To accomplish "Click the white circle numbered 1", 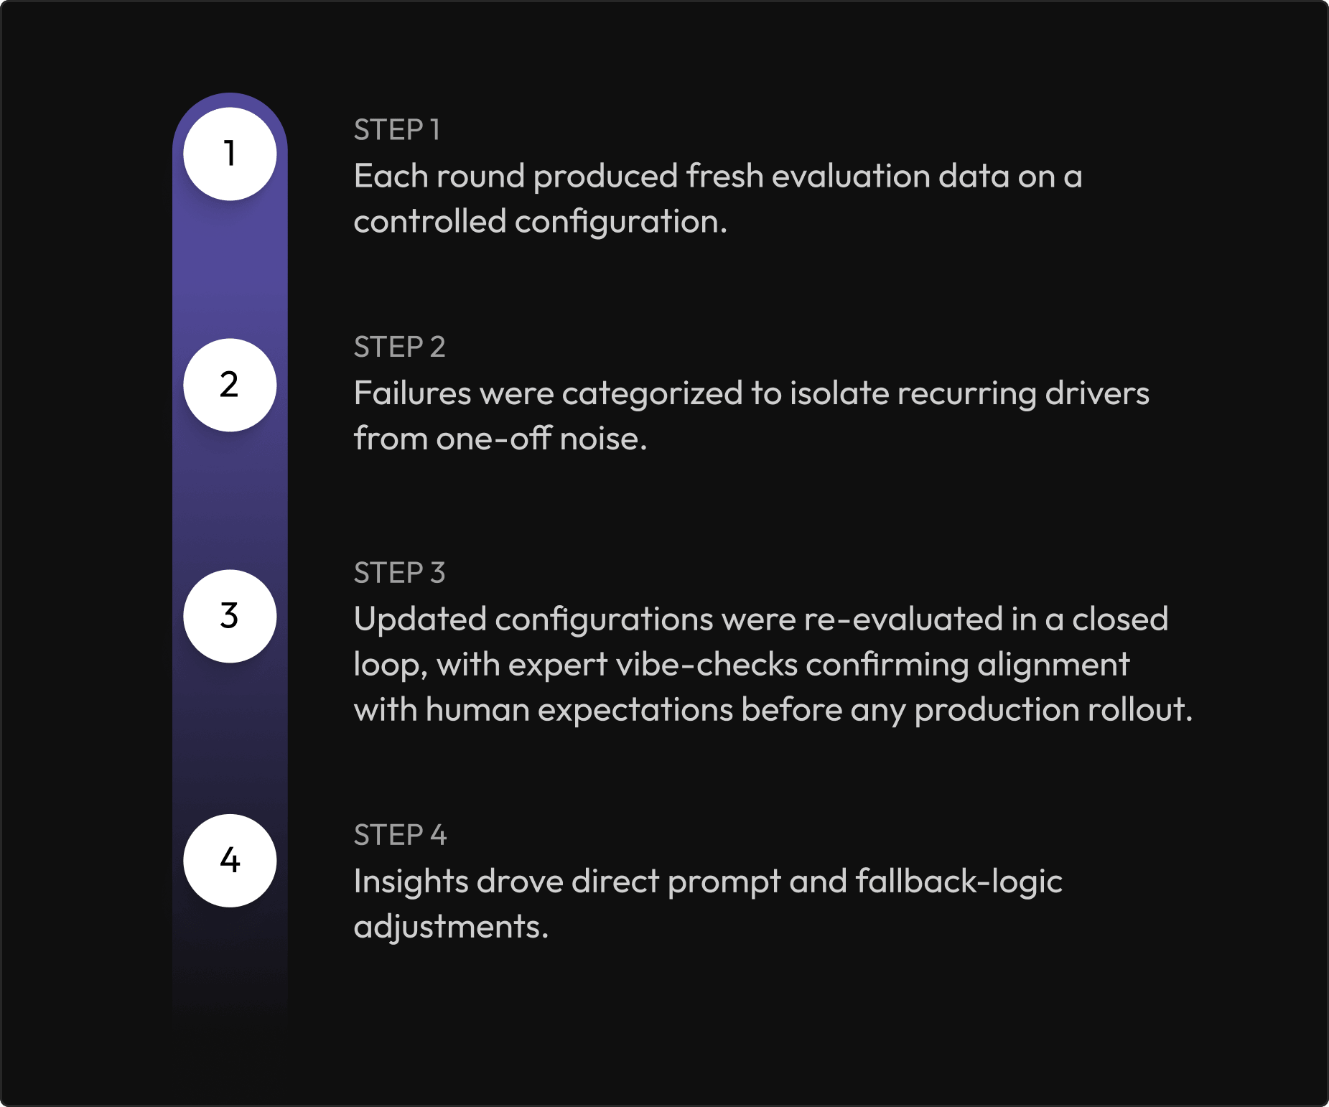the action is click(230, 154).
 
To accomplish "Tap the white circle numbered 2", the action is click(230, 385).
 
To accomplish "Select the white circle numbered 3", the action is click(230, 616).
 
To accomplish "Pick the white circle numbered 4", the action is click(230, 860).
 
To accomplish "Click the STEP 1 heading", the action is click(396, 131).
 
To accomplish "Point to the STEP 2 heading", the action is click(399, 347).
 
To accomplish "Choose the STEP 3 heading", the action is click(399, 574).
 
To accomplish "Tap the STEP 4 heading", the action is click(400, 836).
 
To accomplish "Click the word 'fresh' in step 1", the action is click(724, 177).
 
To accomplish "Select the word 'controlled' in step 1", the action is click(429, 222).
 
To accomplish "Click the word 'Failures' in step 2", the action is click(413, 393).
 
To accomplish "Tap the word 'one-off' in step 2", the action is click(493, 439).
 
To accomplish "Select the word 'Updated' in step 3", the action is click(420, 620).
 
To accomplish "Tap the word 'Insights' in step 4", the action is click(411, 882).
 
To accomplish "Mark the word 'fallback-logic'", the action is click(959, 882).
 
